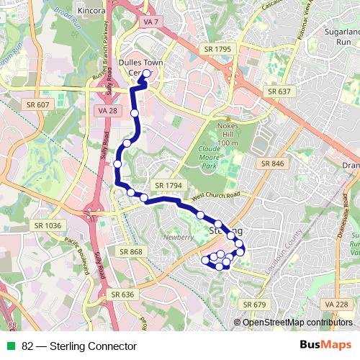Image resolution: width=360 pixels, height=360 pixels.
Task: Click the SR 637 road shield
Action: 279,91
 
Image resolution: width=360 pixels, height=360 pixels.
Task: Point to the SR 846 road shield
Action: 273,163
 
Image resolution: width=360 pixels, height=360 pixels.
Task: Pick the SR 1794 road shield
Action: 168,185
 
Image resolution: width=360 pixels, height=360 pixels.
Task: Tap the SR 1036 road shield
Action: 48,225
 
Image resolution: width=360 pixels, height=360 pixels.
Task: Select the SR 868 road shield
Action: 132,251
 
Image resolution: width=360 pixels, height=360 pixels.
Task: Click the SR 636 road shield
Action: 123,294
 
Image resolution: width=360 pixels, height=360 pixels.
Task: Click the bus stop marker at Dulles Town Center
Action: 147,73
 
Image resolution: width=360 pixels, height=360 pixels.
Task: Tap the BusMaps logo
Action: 325,346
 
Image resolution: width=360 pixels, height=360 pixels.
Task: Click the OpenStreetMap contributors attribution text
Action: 297,322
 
